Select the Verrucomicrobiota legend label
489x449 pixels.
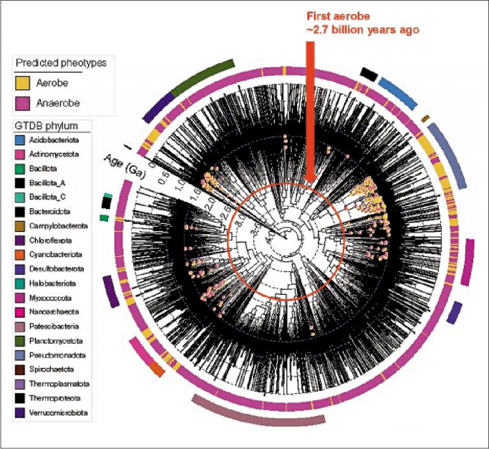[x=56, y=412]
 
